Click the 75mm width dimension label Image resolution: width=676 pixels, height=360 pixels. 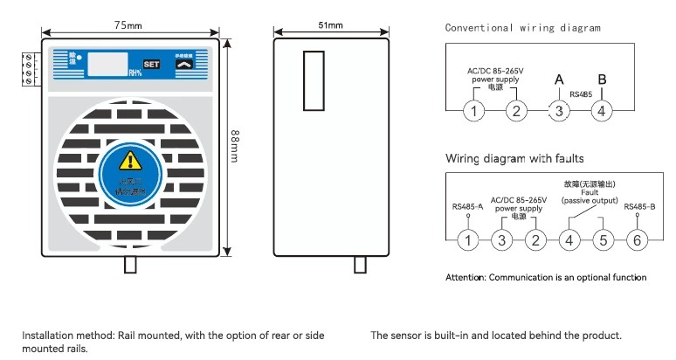[x=129, y=25]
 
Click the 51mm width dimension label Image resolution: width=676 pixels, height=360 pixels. [x=333, y=25]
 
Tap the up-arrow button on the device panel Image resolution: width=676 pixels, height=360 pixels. [x=184, y=64]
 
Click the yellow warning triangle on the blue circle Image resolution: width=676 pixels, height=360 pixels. [x=129, y=160]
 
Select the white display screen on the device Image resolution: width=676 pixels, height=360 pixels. [x=107, y=64]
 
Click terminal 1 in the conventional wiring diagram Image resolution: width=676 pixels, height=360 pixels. [x=473, y=111]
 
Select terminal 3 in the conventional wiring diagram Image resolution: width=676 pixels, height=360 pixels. [x=559, y=111]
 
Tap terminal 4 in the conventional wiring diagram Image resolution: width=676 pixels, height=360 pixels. [x=602, y=111]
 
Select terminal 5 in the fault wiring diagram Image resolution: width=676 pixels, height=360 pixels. [x=603, y=240]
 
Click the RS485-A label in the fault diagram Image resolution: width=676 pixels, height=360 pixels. [x=467, y=207]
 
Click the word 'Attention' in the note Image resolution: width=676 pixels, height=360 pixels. [x=465, y=278]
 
